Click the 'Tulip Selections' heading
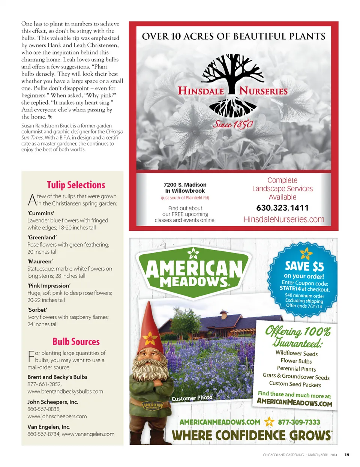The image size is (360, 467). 76,185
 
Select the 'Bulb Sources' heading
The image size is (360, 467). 76,342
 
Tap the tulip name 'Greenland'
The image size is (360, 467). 42,237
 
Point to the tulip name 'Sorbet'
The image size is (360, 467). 37,310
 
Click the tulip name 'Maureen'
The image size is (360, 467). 40,261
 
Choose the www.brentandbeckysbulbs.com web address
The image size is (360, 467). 65,391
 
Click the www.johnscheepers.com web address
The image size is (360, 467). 57,416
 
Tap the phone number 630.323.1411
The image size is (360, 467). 282,208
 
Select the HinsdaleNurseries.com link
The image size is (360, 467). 284,219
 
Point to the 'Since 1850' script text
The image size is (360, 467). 233,124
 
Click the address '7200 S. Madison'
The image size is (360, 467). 185,185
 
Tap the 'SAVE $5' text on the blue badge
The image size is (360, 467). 304,266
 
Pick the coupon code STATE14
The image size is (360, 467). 290,288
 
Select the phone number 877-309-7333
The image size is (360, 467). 299,422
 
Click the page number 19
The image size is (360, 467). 347,455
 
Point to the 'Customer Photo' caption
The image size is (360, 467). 192,398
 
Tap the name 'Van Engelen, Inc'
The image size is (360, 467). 48,426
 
